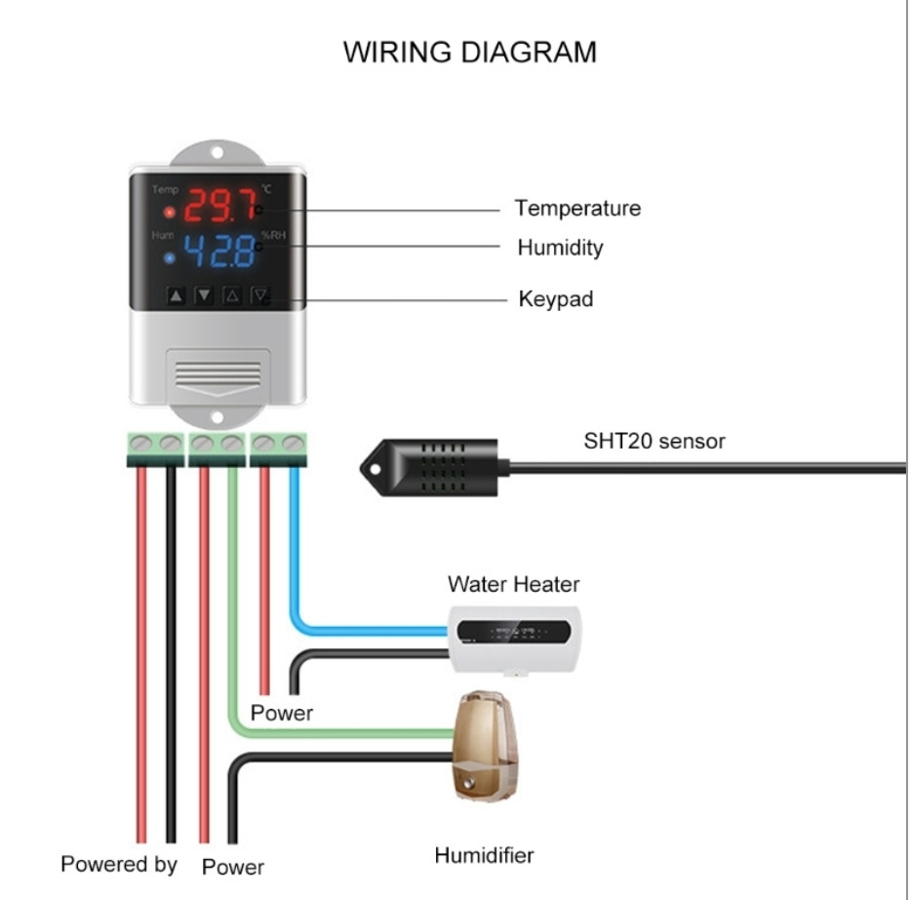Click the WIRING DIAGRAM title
469,53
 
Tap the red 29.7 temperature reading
219,206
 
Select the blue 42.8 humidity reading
219,251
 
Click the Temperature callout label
577,208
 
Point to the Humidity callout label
560,248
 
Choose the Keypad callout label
556,299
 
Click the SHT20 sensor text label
654,442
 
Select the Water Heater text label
514,584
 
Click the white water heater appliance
515,640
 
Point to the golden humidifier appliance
485,746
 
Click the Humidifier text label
484,855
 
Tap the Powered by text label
119,865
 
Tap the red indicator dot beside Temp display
169,213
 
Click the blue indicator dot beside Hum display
169,258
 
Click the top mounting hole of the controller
218,153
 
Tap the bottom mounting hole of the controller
217,417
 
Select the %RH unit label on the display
273,235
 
